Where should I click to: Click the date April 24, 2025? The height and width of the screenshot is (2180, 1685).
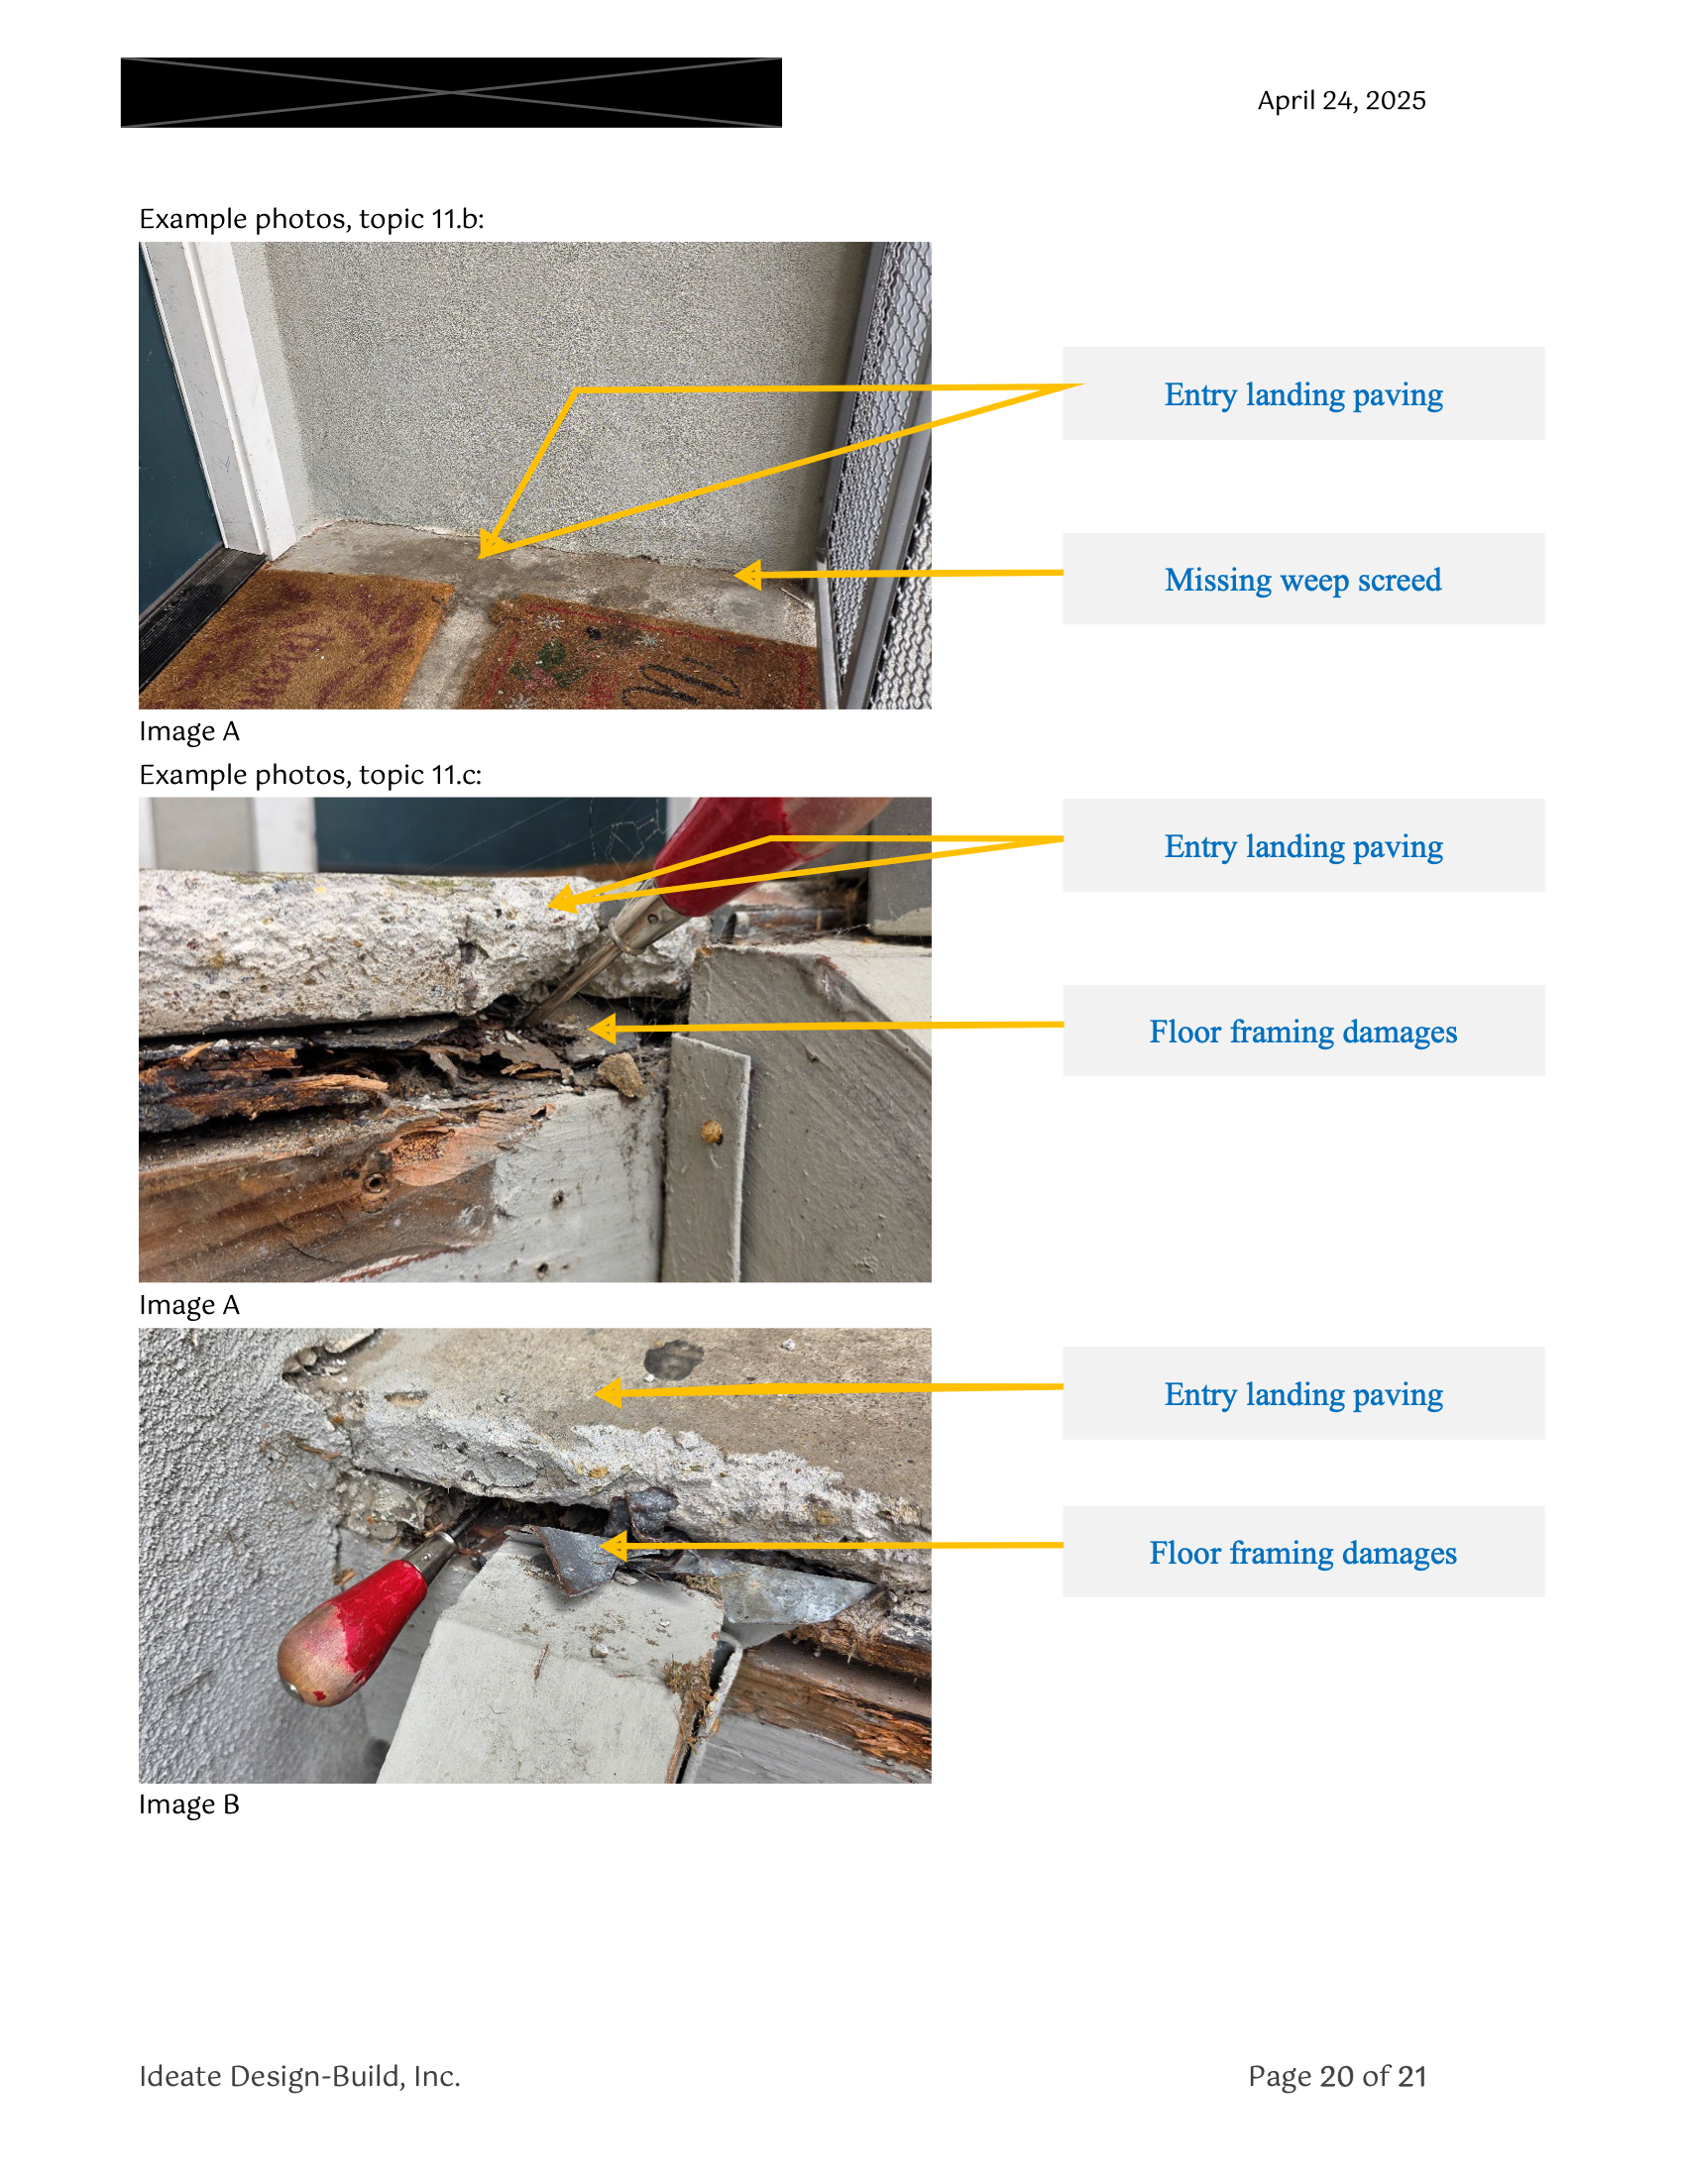tap(1341, 101)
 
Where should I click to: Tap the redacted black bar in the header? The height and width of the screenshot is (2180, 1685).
tap(451, 92)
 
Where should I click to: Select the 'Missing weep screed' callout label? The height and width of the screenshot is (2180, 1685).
tap(1302, 579)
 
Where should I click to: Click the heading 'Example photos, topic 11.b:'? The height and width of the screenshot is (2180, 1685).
tap(311, 219)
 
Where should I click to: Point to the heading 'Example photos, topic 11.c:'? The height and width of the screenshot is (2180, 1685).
tap(310, 775)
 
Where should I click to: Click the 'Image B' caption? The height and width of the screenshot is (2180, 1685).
tap(188, 1803)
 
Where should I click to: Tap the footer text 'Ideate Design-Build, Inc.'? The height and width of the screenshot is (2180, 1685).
tap(299, 2075)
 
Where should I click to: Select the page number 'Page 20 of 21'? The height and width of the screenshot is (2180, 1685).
tap(1337, 2076)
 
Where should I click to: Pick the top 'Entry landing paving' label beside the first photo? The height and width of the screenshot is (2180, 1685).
tap(1302, 394)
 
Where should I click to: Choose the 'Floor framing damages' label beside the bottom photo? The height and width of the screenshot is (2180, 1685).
tap(1302, 1552)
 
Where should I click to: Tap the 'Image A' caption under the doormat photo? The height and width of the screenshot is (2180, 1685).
tap(188, 731)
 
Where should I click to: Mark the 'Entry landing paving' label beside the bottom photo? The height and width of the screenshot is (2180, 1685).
tap(1302, 1393)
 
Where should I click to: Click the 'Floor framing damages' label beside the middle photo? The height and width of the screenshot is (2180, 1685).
tap(1302, 1032)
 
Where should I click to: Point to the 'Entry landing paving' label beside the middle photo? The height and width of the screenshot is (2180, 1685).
tap(1302, 846)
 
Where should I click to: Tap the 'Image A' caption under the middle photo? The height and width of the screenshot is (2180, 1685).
tap(188, 1305)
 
